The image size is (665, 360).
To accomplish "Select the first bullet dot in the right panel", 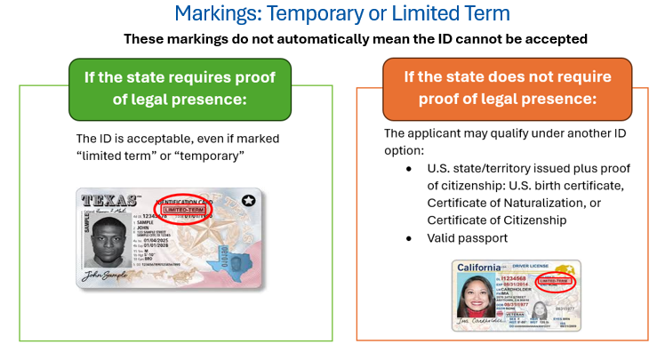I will pos(409,168).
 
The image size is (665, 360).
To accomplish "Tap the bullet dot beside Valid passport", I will pos(409,237).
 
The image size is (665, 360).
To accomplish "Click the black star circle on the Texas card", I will pos(246,201).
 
